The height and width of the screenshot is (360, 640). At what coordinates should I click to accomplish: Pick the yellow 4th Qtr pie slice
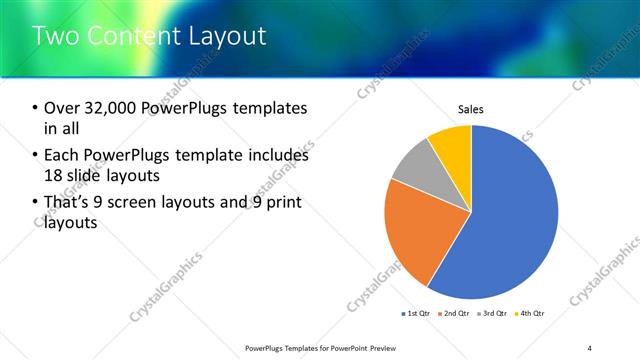[x=453, y=145]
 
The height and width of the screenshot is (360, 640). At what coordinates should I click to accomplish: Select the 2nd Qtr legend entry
[x=456, y=313]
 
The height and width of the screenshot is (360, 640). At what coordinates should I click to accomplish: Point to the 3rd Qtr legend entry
[x=494, y=313]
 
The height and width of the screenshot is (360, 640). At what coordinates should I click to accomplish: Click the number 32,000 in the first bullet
[x=115, y=108]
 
